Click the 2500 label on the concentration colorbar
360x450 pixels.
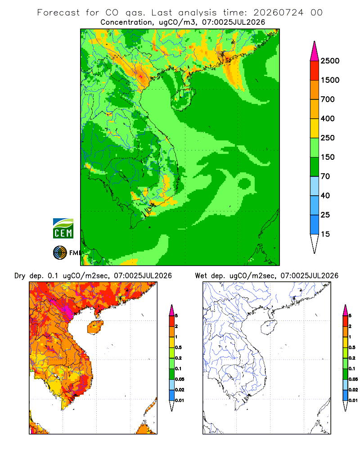coord(330,61)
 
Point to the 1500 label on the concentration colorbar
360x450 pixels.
coord(330,80)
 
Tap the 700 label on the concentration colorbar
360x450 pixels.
coord(328,99)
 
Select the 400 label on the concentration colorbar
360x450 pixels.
coord(328,118)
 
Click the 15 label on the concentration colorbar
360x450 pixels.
coord(325,234)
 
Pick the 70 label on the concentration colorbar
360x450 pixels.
coord(325,176)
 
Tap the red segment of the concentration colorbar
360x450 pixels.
coord(315,71)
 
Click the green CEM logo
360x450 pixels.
coord(63,229)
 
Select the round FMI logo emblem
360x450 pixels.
coord(60,253)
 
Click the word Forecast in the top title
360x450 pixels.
coord(58,13)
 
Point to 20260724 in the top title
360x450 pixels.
coord(278,13)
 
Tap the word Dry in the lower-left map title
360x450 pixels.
coord(20,276)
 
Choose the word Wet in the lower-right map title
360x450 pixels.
coord(201,276)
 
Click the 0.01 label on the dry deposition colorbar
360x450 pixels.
coord(180,400)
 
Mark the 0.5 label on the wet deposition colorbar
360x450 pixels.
coord(352,347)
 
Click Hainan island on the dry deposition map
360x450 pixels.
coord(95,327)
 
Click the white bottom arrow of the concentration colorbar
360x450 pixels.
coord(315,243)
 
